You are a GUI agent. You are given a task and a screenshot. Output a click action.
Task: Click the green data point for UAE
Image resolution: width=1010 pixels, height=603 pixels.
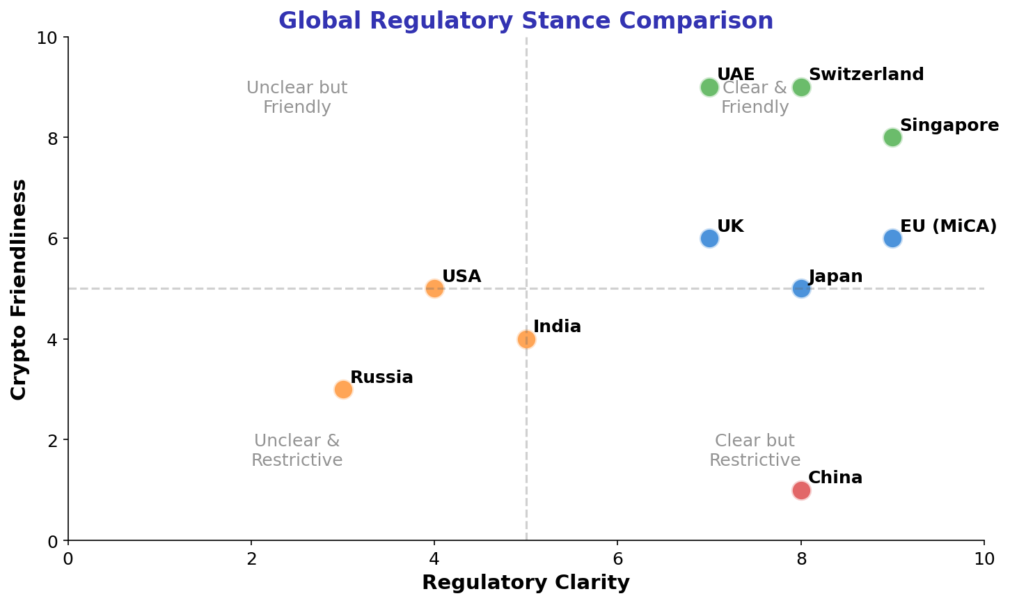coord(709,87)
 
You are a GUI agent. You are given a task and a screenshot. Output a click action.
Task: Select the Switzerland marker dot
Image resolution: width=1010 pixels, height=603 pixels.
coord(801,87)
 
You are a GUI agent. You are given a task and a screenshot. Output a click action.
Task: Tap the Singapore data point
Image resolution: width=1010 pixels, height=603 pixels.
coord(892,137)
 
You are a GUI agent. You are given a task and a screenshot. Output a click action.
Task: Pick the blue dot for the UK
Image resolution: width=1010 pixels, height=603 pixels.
coord(709,238)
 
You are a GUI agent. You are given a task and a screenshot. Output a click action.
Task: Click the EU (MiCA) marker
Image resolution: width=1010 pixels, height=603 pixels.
coord(892,238)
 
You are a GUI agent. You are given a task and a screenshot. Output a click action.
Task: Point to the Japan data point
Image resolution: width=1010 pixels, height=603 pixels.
coord(801,288)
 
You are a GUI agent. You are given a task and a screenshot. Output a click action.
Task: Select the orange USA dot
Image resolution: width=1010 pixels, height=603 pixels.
coord(434,288)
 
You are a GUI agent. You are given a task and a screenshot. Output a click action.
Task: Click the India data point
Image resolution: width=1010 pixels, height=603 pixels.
coord(526,339)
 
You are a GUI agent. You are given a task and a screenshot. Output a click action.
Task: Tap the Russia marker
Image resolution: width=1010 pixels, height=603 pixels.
coord(343,389)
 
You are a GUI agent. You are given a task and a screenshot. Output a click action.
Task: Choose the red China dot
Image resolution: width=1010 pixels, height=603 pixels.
coord(801,490)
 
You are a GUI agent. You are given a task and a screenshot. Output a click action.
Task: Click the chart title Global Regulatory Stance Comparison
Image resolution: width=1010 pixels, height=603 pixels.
coord(526,21)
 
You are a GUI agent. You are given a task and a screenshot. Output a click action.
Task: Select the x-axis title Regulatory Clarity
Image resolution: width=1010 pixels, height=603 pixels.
coord(526,583)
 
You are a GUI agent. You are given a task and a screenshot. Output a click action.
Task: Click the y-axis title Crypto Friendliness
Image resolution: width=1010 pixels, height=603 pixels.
coord(19,289)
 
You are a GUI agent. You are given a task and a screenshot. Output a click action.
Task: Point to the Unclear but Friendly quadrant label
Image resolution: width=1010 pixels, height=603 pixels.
coord(297,97)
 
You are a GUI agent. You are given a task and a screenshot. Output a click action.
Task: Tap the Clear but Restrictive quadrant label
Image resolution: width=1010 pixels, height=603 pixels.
coord(755,451)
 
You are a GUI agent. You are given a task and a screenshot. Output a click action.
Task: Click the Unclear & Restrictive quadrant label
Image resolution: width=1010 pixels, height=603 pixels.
coord(297,451)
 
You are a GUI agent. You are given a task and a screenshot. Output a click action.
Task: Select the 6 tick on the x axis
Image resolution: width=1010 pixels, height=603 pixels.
coord(617,558)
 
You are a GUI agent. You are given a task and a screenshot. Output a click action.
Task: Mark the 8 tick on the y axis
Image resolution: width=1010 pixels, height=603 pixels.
coord(52,138)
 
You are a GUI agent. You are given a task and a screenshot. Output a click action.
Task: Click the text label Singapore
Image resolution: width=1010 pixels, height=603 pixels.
coord(949,125)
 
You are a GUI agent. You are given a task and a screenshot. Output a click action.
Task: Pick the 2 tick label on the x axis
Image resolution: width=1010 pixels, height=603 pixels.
coord(251,558)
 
